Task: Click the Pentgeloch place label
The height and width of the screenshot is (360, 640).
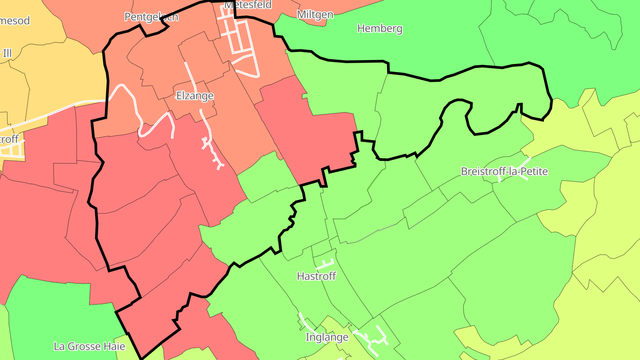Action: pyautogui.click(x=151, y=17)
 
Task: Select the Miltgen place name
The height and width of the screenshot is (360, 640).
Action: pyautogui.click(x=315, y=15)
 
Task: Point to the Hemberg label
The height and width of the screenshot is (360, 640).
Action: pyautogui.click(x=380, y=29)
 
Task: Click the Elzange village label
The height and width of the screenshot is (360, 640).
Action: pyautogui.click(x=195, y=96)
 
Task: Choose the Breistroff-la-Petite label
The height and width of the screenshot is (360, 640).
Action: pyautogui.click(x=504, y=172)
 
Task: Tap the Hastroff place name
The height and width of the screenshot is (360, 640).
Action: pyautogui.click(x=316, y=276)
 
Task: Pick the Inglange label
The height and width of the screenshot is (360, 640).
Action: pyautogui.click(x=327, y=337)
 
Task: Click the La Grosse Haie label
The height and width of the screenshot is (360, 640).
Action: pyautogui.click(x=89, y=346)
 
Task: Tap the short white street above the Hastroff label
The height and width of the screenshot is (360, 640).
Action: pyautogui.click(x=324, y=264)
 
